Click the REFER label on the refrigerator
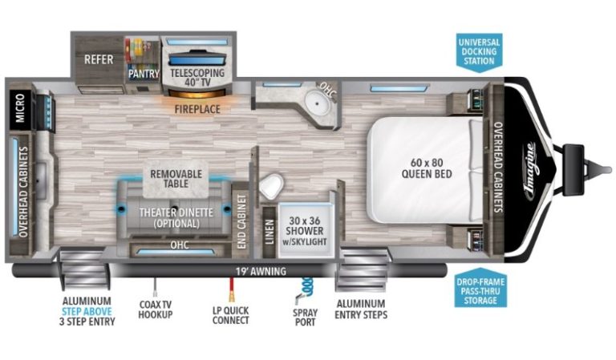[99, 59]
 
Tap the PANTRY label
[144, 74]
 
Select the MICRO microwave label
[20, 108]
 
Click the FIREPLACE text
[197, 109]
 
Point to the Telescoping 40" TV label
[197, 77]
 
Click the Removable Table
[176, 179]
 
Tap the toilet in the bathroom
[271, 186]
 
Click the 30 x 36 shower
[306, 229]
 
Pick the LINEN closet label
[269, 232]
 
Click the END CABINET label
[241, 221]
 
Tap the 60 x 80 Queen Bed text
[427, 168]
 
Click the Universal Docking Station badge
[480, 52]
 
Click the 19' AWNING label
[261, 271]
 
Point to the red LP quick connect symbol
[232, 289]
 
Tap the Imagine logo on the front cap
[530, 170]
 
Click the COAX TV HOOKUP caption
[155, 309]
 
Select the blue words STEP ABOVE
[87, 312]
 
